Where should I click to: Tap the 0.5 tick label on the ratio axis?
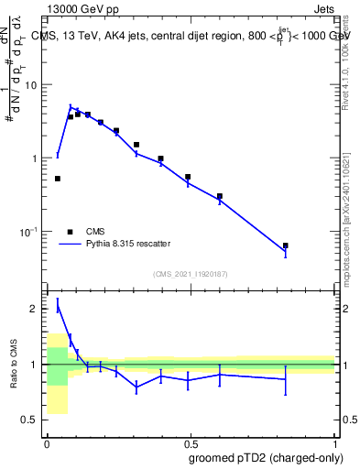click(31, 420)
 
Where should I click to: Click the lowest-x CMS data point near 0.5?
click(58, 179)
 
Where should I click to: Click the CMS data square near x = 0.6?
click(220, 196)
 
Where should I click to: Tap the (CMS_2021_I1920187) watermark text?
click(191, 274)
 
